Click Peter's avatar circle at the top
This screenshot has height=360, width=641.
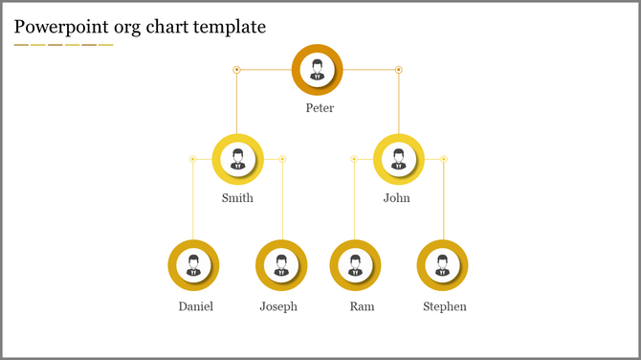tap(317, 69)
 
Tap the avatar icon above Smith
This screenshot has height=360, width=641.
tap(237, 159)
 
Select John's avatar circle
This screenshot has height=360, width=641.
tap(398, 159)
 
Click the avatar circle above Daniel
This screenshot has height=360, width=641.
tap(193, 265)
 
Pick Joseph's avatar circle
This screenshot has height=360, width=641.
tap(281, 265)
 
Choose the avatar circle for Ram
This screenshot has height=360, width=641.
tap(355, 265)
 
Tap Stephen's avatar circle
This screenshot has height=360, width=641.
tap(442, 265)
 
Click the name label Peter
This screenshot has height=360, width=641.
tap(320, 108)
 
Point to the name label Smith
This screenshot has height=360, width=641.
tap(237, 198)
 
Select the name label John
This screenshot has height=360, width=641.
tap(396, 198)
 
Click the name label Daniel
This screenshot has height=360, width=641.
tap(195, 306)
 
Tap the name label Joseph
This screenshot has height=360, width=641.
tap(278, 306)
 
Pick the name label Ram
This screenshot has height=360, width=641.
tap(362, 306)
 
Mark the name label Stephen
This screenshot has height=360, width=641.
tap(445, 306)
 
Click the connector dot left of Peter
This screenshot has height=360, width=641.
tap(236, 70)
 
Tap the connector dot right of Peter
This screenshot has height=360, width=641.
tap(399, 70)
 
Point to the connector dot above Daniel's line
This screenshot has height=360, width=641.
tap(192, 159)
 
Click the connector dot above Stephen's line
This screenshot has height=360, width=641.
tap(444, 159)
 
